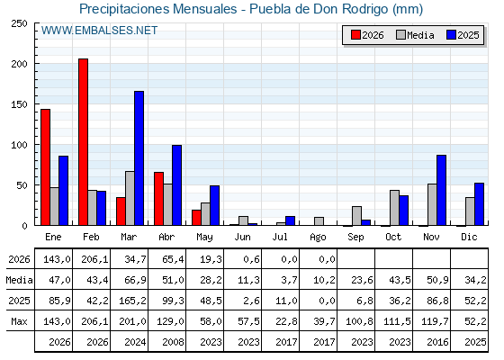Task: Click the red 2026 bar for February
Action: tap(83, 142)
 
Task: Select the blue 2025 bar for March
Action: tap(139, 158)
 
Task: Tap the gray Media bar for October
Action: tap(395, 208)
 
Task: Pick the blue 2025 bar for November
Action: tap(441, 190)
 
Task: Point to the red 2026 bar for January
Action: tap(45, 167)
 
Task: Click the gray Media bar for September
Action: tap(356, 216)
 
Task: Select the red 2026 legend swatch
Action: tap(355, 35)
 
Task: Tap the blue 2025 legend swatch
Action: tap(451, 35)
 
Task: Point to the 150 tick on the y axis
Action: tap(19, 104)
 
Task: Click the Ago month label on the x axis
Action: tap(318, 238)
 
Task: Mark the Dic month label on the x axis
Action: tap(469, 237)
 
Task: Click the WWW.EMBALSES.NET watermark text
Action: tap(99, 31)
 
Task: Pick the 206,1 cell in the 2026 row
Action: tap(94, 259)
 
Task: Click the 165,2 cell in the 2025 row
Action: tap(133, 301)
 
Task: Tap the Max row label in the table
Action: tap(19, 321)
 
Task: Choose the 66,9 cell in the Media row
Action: tap(135, 280)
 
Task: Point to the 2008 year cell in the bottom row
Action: tap(173, 342)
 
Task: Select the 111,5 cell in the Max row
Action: tap(397, 321)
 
